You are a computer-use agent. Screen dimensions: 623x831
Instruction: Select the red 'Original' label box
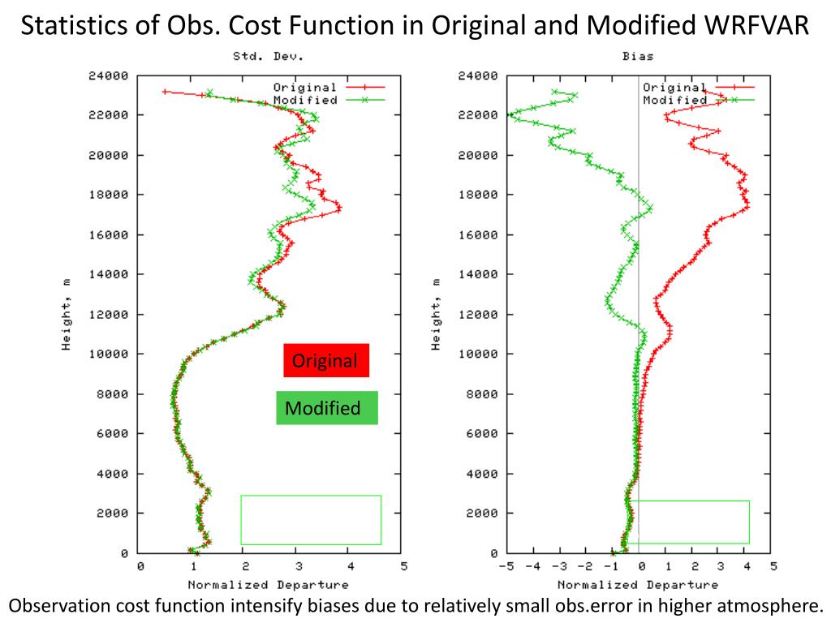click(x=325, y=361)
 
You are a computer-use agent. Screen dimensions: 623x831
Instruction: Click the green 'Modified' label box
click(x=326, y=408)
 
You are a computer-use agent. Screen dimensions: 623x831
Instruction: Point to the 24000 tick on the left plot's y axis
click(x=108, y=76)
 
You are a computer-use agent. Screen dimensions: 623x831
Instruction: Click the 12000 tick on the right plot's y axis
click(x=478, y=315)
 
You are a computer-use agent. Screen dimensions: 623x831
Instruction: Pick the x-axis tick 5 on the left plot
click(x=404, y=567)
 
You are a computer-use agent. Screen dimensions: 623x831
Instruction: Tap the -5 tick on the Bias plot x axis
click(x=506, y=567)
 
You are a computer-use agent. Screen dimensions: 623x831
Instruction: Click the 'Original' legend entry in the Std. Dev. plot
click(x=304, y=88)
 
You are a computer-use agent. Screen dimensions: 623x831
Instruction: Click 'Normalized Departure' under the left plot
click(x=268, y=584)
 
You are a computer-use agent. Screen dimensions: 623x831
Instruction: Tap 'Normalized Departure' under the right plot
click(x=637, y=584)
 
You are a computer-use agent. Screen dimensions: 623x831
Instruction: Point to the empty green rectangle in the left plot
click(x=311, y=519)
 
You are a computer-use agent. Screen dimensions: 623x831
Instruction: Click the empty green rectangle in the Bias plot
click(x=689, y=522)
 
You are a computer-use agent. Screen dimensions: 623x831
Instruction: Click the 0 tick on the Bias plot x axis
click(x=640, y=567)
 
